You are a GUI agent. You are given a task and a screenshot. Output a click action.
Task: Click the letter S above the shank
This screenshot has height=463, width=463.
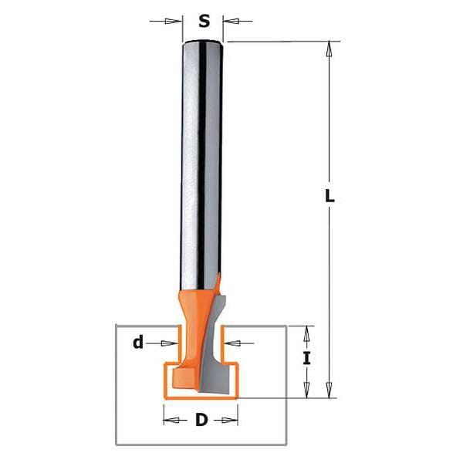204,22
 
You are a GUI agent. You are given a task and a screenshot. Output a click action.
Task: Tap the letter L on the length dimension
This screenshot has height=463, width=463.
330,196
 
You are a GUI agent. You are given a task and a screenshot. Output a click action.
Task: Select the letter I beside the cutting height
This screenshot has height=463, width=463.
306,358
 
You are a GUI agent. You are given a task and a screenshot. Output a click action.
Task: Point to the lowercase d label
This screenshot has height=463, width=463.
138,343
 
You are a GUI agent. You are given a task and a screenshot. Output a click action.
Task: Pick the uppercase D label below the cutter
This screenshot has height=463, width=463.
201,421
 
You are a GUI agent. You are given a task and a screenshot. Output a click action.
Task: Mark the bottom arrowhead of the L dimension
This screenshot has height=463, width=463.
330,390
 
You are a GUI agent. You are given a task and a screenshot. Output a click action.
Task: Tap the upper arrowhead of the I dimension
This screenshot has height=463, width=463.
306,334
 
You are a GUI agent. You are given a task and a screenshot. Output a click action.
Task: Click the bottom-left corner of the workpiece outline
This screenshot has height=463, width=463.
116,445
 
